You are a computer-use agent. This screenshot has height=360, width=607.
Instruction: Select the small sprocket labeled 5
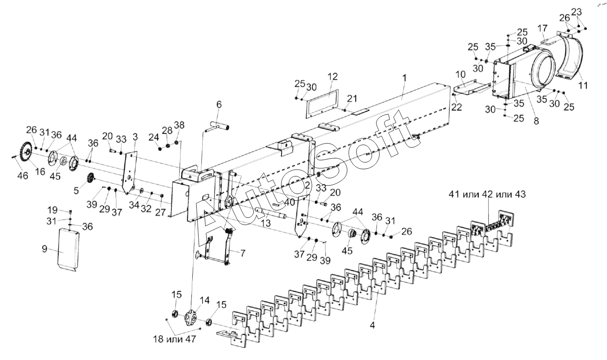click(91, 178)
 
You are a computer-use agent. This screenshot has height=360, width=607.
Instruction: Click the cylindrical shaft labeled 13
click(271, 212)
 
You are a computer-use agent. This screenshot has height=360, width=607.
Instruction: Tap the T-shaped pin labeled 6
click(217, 126)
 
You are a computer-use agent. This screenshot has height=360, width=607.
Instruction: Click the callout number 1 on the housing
click(404, 78)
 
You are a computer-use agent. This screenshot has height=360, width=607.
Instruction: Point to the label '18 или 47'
click(175, 339)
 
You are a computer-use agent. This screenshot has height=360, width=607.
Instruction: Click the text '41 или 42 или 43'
click(487, 194)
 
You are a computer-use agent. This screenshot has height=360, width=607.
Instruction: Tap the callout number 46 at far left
click(23, 176)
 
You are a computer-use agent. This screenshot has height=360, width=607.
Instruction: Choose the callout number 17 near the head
click(542, 28)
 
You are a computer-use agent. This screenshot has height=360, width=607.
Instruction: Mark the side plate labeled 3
click(130, 172)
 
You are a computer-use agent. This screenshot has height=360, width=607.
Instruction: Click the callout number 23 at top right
click(576, 12)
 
